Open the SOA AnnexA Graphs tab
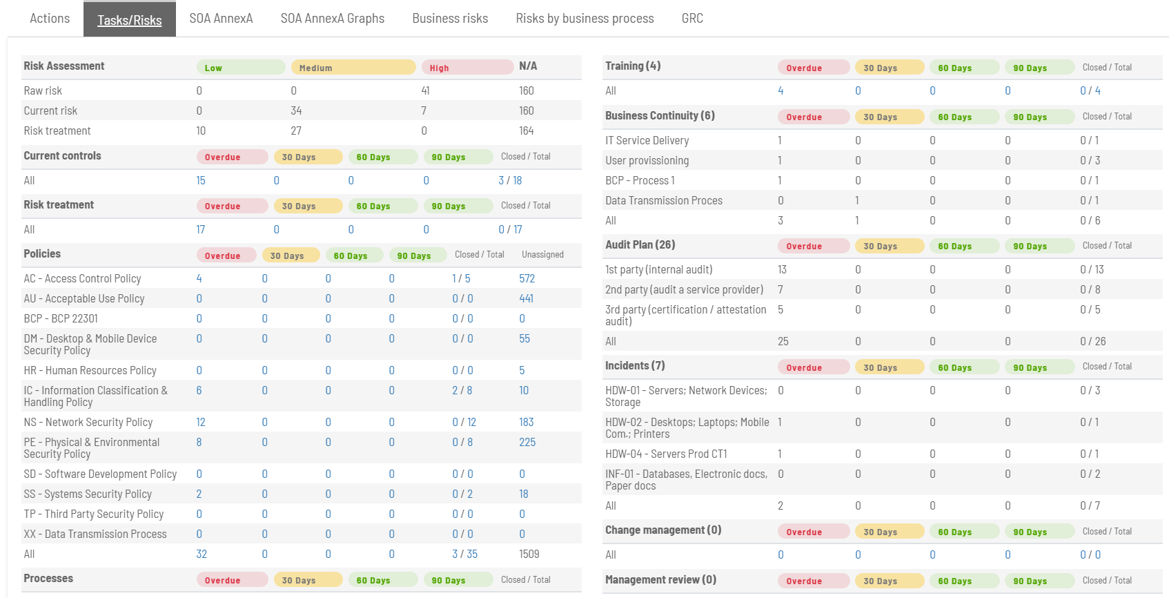pos(332,19)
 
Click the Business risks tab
pos(450,19)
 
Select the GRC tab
pos(692,19)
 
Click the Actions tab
pos(50,19)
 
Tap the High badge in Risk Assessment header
pos(467,68)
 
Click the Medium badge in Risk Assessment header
pos(353,68)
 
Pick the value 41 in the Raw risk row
pos(425,90)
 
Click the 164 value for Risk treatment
pos(526,131)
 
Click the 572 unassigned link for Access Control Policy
pos(527,278)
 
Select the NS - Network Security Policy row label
pos(88,422)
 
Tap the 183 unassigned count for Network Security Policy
pos(526,422)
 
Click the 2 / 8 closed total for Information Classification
pos(462,390)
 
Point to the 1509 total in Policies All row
pos(529,554)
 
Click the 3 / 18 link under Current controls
pos(510,180)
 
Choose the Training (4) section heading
pos(633,66)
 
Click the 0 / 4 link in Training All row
pos(1090,90)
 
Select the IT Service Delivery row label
pos(647,140)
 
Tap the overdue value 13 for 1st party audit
pos(782,269)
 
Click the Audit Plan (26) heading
pos(640,245)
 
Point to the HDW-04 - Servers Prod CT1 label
pos(666,454)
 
